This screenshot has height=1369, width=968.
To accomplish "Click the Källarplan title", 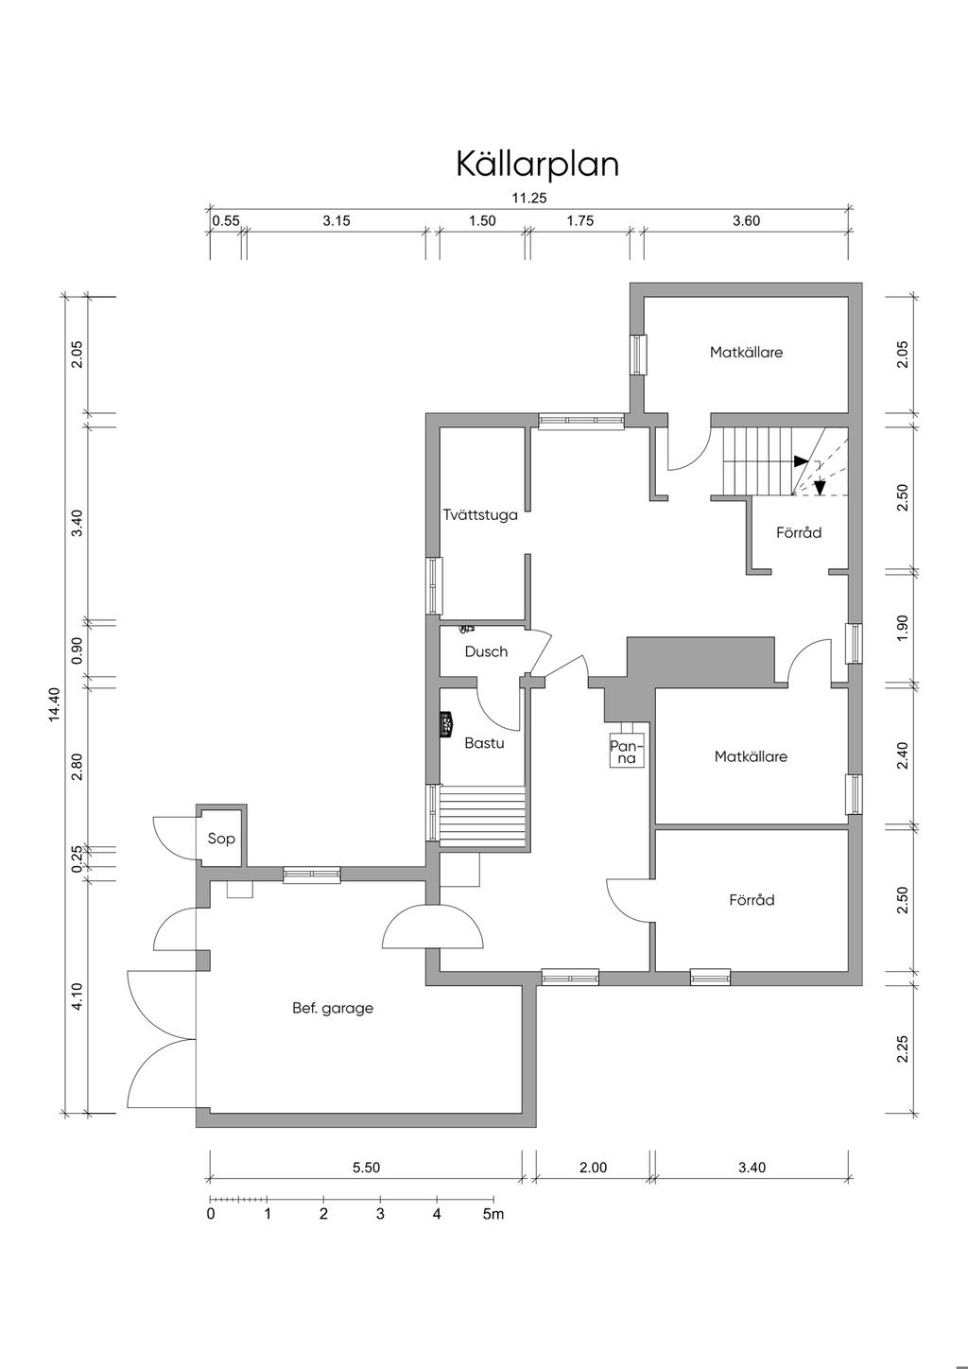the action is coord(538,164).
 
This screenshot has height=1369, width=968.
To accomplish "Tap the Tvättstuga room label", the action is coord(480,514).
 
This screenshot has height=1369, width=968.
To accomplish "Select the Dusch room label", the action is coord(486,651).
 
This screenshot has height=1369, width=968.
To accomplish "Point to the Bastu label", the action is coord(484,743).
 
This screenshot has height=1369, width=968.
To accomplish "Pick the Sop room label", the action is coord(221,839).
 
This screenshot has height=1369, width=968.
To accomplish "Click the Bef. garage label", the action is coord(333,1009).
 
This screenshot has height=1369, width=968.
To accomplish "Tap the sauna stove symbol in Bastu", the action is coord(446,725).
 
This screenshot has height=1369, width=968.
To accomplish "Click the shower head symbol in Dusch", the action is coord(467,628).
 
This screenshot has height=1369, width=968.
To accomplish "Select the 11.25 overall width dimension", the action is coord(529,198).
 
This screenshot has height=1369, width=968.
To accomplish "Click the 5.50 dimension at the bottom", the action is coord(366,1168).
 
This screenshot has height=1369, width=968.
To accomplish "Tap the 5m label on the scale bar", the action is coord(493,1214).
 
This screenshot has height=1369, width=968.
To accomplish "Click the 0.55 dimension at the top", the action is coord(226,220).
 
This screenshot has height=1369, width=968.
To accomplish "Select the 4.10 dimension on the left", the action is coord(77,996).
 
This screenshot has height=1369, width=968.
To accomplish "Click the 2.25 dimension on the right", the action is coord(903,1048).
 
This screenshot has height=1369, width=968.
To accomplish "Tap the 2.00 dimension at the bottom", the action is coord(593,1168).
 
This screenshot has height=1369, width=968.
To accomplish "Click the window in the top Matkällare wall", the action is coord(639,355).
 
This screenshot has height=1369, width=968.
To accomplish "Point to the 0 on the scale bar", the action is coord(211,1214).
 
